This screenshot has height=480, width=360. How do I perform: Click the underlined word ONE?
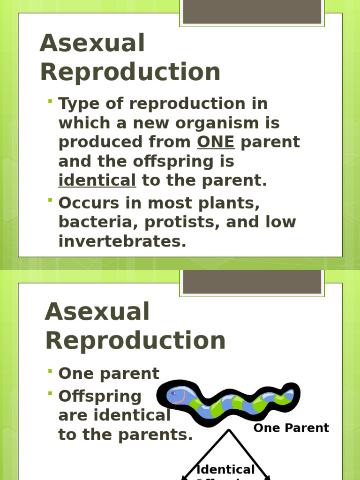point(216,142)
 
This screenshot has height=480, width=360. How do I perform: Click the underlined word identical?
point(97,180)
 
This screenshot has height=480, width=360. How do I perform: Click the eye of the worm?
point(173,393)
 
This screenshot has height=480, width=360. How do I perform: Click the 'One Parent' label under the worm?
point(291,428)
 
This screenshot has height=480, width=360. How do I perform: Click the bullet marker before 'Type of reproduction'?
point(50,101)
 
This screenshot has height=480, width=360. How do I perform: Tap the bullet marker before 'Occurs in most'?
point(50,200)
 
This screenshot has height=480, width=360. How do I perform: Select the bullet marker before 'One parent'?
point(50,371)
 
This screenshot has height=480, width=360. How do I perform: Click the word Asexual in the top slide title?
point(92,44)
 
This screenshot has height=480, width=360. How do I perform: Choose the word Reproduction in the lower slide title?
point(135,340)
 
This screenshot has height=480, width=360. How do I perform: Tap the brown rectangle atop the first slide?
point(252,12)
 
